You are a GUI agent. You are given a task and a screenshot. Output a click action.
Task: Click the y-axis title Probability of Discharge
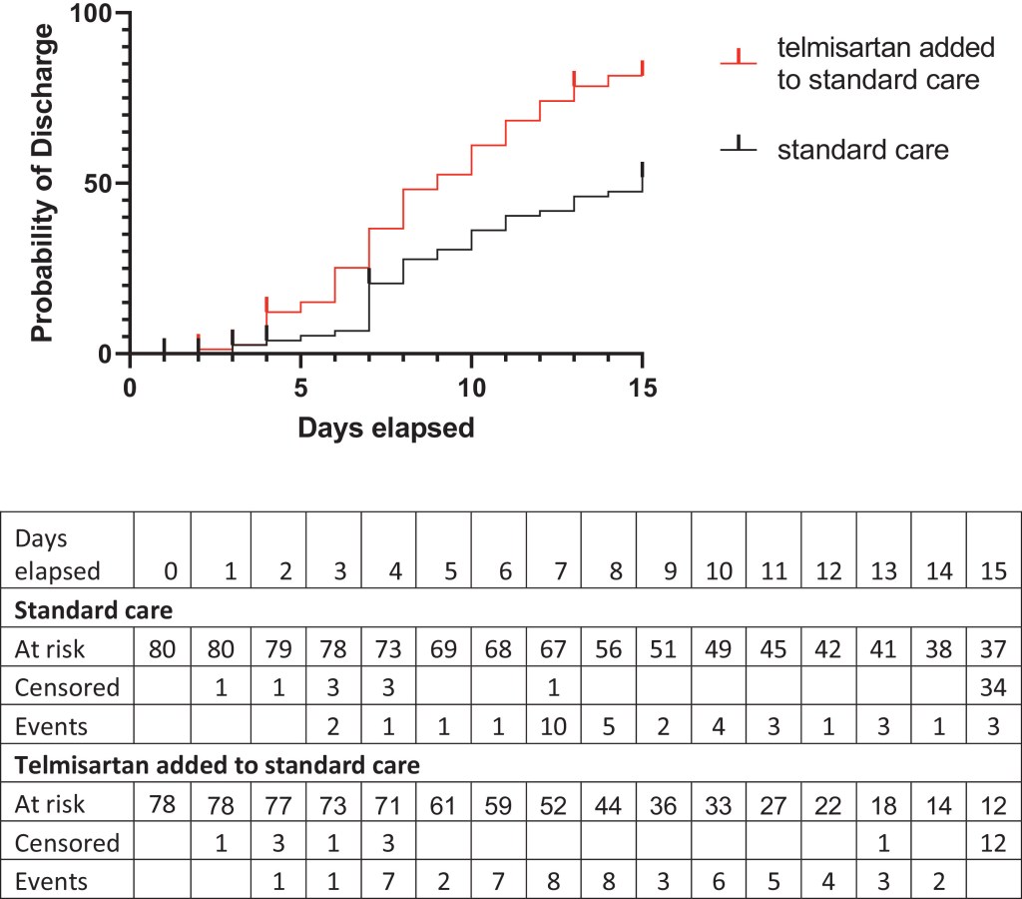click(x=42, y=184)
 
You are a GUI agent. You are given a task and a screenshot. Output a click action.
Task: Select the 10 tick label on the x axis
click(x=471, y=388)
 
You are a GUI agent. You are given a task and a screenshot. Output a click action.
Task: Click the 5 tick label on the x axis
click(x=300, y=388)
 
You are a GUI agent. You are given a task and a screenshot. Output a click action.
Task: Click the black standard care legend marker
click(x=740, y=150)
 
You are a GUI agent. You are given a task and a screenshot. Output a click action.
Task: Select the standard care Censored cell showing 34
click(x=993, y=687)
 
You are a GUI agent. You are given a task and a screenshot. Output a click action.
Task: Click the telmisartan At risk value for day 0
click(x=163, y=805)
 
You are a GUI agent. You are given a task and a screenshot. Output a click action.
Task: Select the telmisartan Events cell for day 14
click(x=939, y=881)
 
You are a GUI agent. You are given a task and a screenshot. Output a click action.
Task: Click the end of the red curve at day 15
click(x=643, y=70)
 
